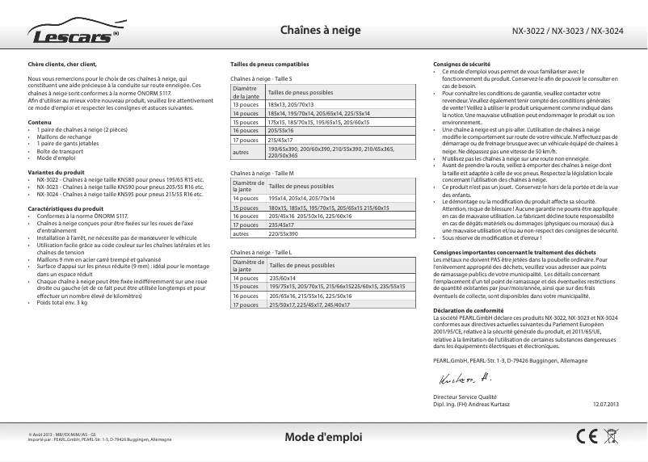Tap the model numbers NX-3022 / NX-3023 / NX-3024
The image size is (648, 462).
click(567, 31)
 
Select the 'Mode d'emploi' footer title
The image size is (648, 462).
click(324, 437)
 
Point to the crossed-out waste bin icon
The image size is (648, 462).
click(611, 436)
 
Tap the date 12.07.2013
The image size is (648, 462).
click(605, 403)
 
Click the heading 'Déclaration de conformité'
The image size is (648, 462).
click(467, 311)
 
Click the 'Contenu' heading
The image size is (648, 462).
click(40, 121)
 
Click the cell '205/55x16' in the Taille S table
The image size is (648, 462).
click(280, 130)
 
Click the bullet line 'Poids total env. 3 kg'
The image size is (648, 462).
click(62, 302)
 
